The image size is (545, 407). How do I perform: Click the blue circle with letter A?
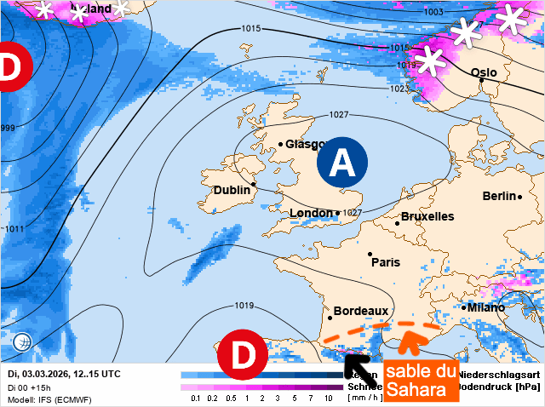342,163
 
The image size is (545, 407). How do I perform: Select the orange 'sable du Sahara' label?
421,381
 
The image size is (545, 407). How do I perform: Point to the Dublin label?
232,190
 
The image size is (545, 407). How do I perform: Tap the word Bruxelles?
427,216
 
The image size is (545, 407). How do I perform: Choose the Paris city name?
386,262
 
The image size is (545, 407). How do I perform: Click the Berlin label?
500,196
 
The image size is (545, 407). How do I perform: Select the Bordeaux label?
361,312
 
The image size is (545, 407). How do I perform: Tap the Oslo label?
484,73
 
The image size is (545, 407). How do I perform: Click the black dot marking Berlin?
519,197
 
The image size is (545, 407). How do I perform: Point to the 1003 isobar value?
433,12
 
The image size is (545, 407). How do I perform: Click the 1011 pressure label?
14,229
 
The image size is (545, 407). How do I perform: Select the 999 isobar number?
8,128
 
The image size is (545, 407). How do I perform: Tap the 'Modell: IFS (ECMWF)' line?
49,399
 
